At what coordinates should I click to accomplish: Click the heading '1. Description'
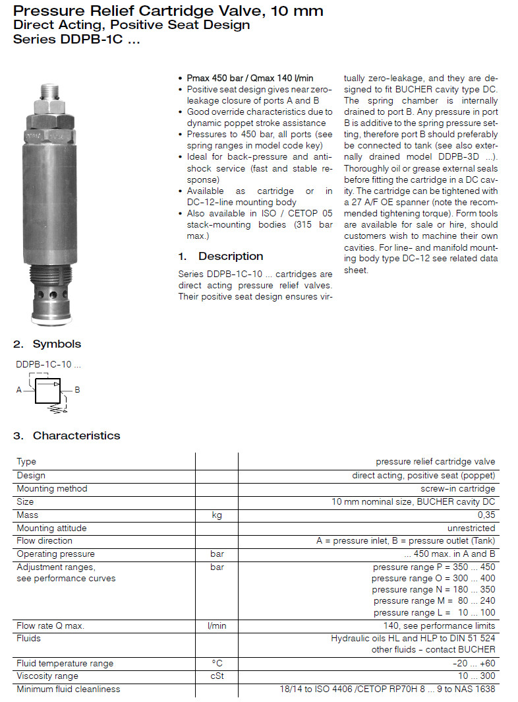(x=221, y=256)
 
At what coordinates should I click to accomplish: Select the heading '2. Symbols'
(x=47, y=344)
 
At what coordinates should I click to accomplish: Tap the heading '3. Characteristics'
(x=67, y=435)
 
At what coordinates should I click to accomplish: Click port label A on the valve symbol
(x=19, y=390)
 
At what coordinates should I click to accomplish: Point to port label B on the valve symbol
(x=77, y=390)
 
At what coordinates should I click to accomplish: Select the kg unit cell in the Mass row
(x=216, y=515)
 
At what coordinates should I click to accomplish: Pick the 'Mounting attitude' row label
(x=51, y=528)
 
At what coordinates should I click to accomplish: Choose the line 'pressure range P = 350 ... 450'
(x=434, y=567)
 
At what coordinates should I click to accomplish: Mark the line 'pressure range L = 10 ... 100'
(x=434, y=612)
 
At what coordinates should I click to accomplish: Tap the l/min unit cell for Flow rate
(x=216, y=625)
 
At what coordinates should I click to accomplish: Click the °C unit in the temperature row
(x=216, y=663)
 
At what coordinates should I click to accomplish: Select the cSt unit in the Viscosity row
(x=216, y=676)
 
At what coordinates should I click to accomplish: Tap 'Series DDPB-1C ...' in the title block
(x=77, y=38)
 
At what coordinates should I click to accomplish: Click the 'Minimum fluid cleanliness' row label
(x=69, y=689)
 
